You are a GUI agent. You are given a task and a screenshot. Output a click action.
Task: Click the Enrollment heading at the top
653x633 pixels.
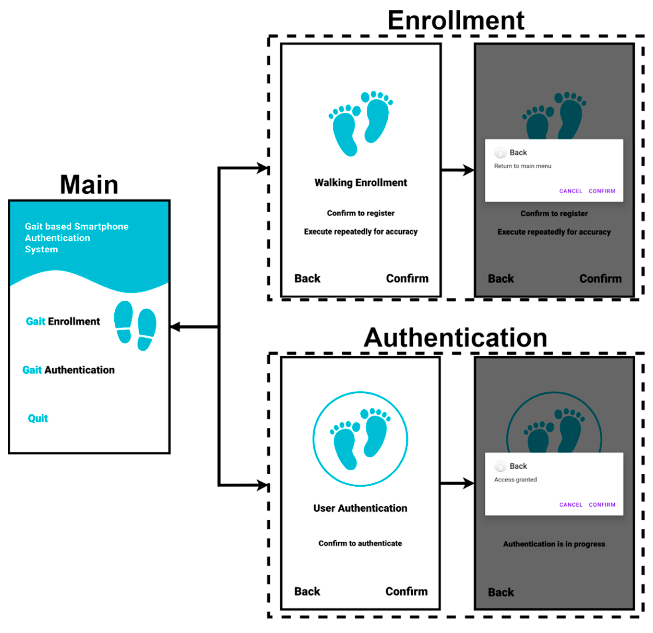pyautogui.click(x=456, y=21)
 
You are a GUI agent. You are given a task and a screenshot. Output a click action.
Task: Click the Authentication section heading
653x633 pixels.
pyautogui.click(x=455, y=338)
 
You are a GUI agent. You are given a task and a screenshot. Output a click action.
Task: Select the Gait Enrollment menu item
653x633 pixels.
pyautogui.click(x=63, y=321)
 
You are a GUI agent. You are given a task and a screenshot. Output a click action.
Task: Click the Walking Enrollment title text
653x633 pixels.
pyautogui.click(x=361, y=183)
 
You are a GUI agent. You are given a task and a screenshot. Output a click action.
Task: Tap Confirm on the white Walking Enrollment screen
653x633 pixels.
pyautogui.click(x=407, y=278)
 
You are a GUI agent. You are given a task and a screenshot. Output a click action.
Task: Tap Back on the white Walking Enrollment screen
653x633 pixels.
pyautogui.click(x=307, y=278)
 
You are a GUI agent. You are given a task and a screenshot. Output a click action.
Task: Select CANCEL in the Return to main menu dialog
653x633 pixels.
pyautogui.click(x=570, y=191)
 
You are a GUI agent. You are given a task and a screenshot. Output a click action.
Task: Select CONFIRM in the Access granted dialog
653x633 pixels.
pyautogui.click(x=602, y=505)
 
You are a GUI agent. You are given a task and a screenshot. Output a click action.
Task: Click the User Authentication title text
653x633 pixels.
pyautogui.click(x=360, y=508)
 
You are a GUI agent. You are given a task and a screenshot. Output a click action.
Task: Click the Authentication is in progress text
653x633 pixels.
pyautogui.click(x=554, y=544)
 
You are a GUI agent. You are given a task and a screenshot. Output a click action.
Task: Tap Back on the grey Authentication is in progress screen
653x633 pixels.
pyautogui.click(x=501, y=592)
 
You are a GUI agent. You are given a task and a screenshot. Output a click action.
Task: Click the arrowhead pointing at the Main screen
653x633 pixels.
pyautogui.click(x=175, y=327)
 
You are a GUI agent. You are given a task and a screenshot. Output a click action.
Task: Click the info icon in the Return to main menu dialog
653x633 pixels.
pyautogui.click(x=500, y=153)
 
